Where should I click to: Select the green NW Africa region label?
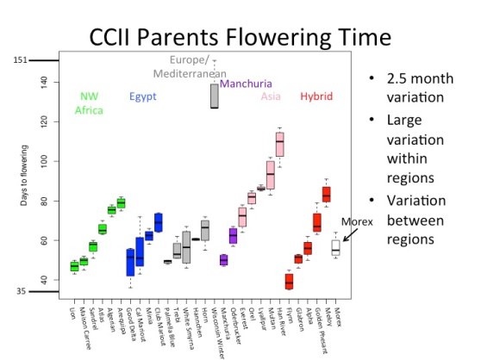[x=89, y=103]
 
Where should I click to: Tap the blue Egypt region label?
[x=142, y=96]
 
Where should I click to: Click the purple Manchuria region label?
[x=246, y=84]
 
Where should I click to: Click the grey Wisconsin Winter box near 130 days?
[x=214, y=96]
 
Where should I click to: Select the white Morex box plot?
[x=336, y=247]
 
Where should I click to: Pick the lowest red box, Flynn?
[x=289, y=280]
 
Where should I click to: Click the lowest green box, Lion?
[x=74, y=266]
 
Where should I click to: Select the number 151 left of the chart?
[x=22, y=60]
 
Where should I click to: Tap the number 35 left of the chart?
[x=22, y=292]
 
